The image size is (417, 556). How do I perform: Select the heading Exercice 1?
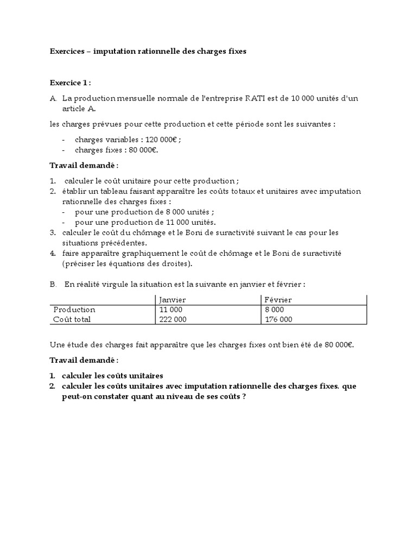[x=71, y=83]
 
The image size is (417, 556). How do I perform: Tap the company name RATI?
[x=257, y=98]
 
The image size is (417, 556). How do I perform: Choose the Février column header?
[x=278, y=300]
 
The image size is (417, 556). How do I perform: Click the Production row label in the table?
[x=74, y=309]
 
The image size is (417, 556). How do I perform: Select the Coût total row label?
[x=72, y=319]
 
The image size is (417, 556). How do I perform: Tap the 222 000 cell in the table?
[x=172, y=319]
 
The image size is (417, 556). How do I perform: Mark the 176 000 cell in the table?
[x=278, y=319]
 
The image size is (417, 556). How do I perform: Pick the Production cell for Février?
[x=275, y=309]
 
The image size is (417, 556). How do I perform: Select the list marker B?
[x=53, y=284]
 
